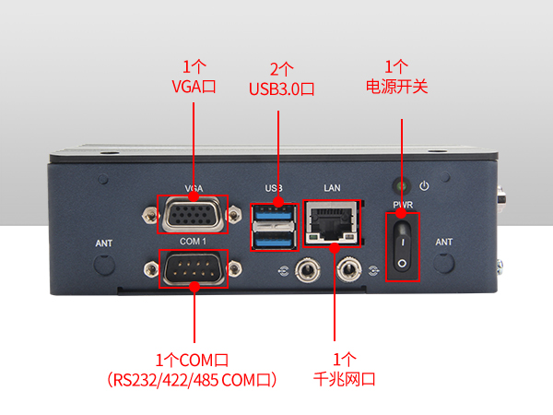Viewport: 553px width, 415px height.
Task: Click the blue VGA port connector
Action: (x=194, y=217)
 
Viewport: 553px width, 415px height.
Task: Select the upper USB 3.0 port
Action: (x=274, y=216)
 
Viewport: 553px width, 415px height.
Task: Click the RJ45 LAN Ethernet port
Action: (x=331, y=224)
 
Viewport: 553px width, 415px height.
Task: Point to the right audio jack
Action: (x=349, y=270)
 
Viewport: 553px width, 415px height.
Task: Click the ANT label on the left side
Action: (x=105, y=243)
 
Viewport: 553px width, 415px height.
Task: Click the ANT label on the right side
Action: (x=443, y=243)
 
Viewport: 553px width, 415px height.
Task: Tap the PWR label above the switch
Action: (x=402, y=204)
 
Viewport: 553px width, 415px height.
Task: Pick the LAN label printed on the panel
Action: (x=332, y=188)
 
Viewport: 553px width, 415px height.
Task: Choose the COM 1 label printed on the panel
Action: (x=193, y=241)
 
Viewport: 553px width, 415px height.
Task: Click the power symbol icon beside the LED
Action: (x=424, y=185)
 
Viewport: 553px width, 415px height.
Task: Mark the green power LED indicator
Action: (x=401, y=184)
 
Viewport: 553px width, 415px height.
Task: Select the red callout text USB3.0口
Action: (x=282, y=89)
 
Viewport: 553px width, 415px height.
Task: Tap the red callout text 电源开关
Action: (x=396, y=88)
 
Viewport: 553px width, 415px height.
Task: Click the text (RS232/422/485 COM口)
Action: (x=194, y=379)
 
